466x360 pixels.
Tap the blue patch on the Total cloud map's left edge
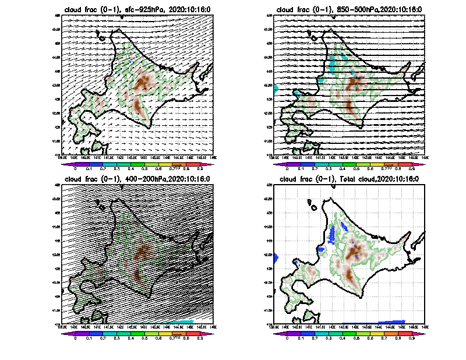pos(276,256)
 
